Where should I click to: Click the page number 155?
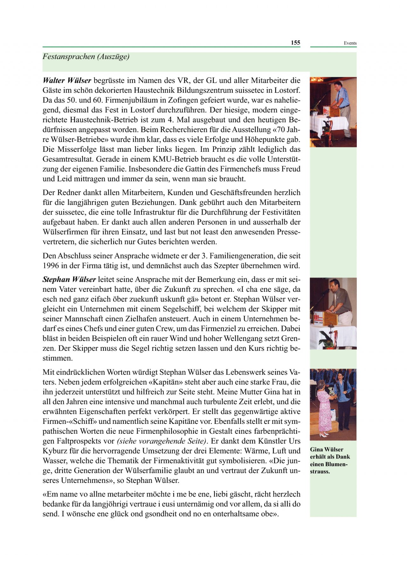295,43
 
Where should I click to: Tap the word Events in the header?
350,43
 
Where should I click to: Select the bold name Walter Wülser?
67,81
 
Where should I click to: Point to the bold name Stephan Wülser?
69,280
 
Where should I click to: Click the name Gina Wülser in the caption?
327,450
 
